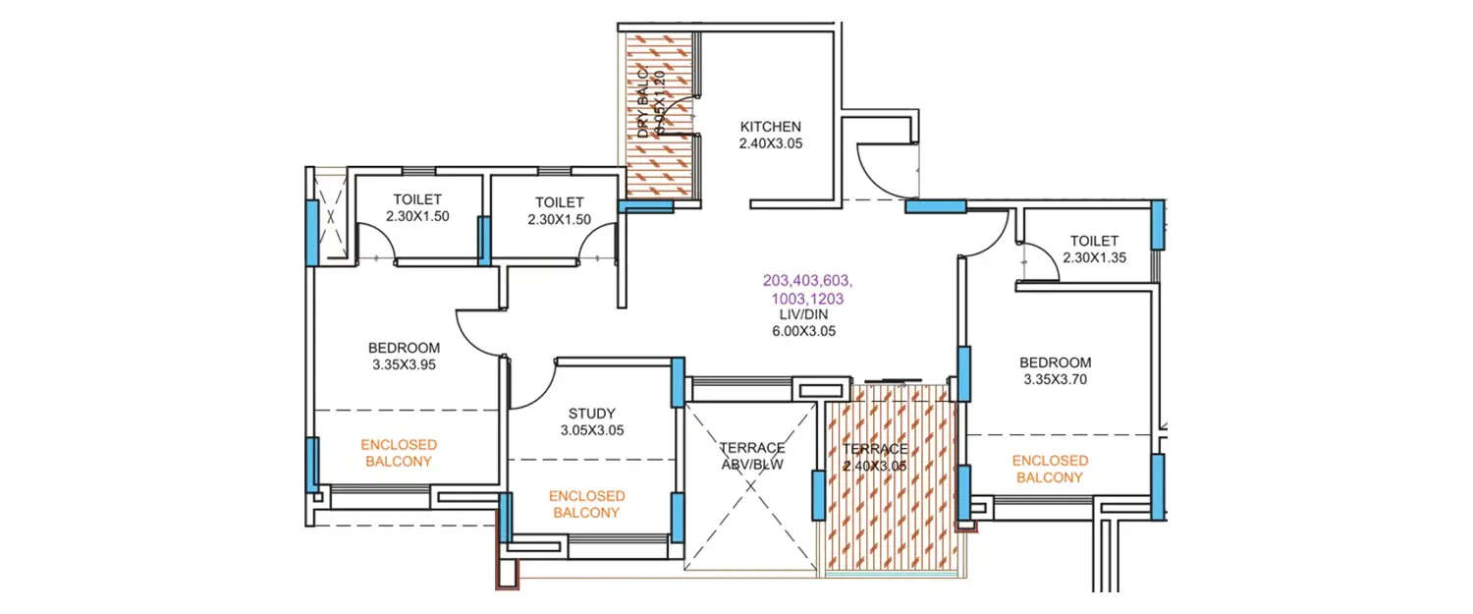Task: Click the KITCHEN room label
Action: coord(770,127)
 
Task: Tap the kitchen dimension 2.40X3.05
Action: coord(770,143)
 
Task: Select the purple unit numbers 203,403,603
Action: coord(807,280)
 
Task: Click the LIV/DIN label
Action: coord(803,314)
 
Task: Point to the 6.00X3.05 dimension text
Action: coord(803,331)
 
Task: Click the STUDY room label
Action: coord(592,413)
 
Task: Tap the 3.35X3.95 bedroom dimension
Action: coord(404,364)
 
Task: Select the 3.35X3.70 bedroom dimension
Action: coord(1055,378)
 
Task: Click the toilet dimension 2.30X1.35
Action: coord(1094,257)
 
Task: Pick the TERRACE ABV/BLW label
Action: coord(751,456)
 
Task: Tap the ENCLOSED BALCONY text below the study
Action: coord(586,504)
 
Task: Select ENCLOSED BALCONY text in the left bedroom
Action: coord(400,452)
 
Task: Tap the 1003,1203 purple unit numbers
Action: coord(807,297)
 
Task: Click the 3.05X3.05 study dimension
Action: coord(592,430)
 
